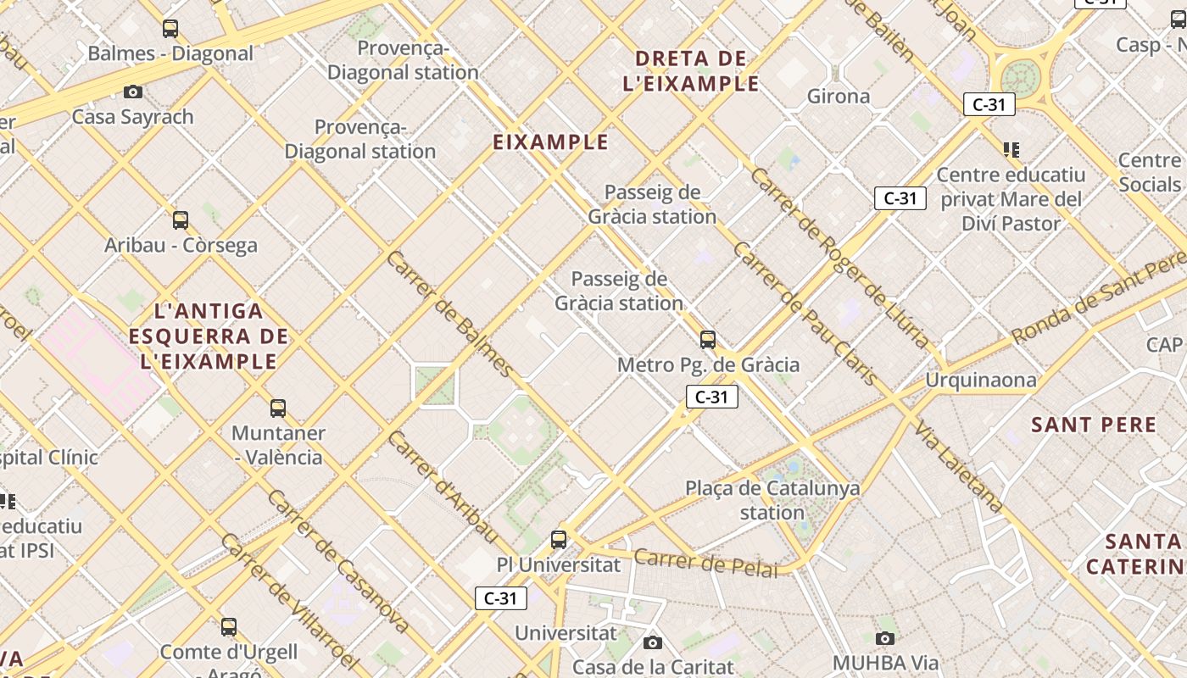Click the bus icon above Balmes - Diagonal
click(170, 29)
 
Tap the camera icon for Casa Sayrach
click(133, 92)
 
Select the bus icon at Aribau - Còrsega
click(181, 220)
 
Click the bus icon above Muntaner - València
click(278, 408)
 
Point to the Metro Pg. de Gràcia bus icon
click(708, 341)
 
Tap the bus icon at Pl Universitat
click(559, 540)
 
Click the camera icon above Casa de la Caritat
click(652, 642)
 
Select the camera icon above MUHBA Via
click(885, 638)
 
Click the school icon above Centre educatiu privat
click(1011, 150)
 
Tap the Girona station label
click(838, 96)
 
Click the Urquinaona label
click(980, 380)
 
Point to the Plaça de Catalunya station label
click(772, 500)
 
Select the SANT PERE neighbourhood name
click(1094, 425)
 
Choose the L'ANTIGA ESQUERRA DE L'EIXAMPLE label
click(209, 336)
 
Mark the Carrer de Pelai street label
click(705, 563)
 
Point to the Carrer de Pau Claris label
click(805, 314)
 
